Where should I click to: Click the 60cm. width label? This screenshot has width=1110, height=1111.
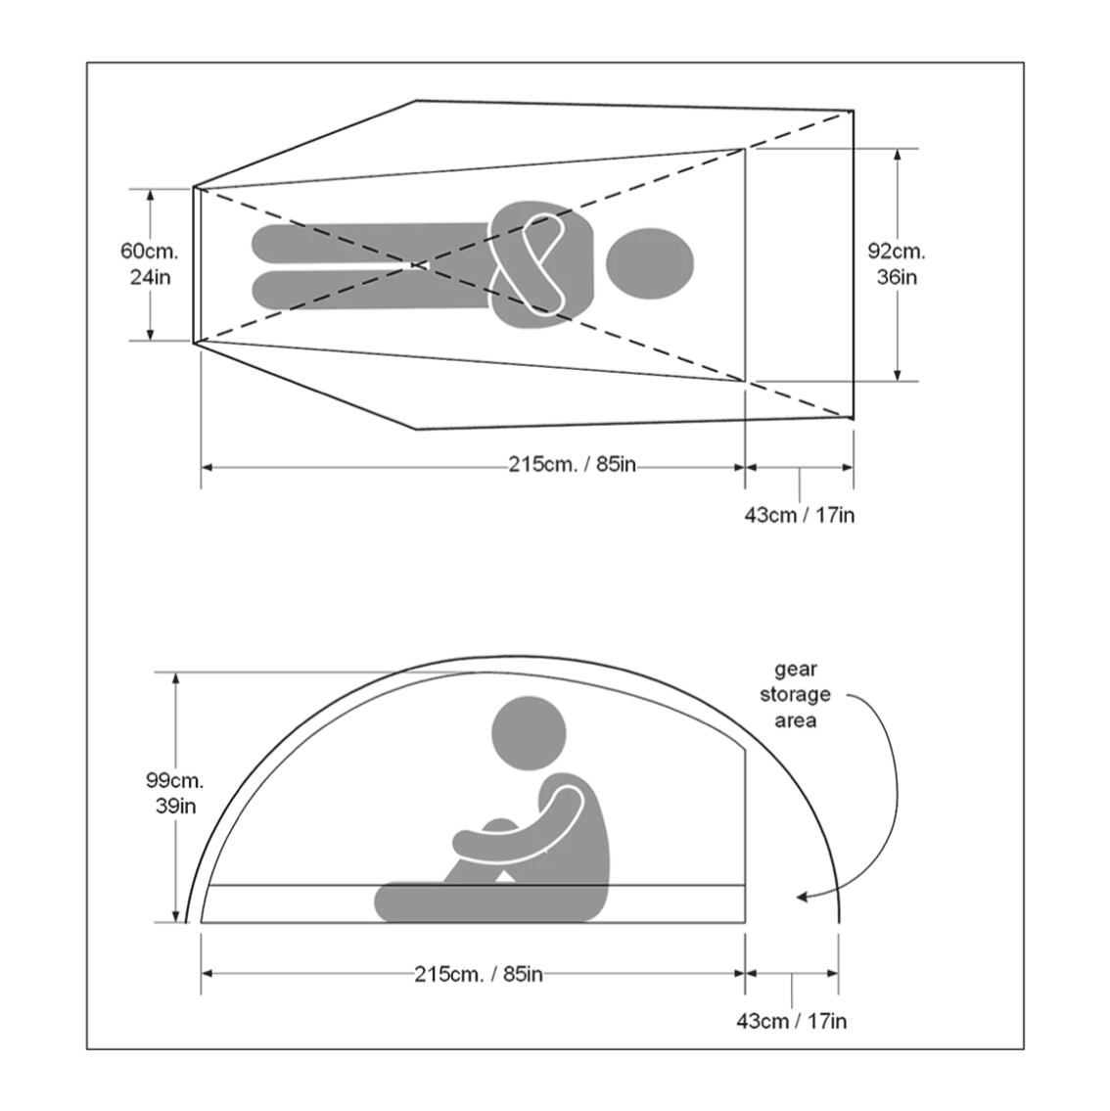click(x=150, y=252)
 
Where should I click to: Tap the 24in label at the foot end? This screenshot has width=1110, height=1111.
click(x=150, y=277)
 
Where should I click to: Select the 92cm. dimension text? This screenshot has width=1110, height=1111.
click(x=897, y=252)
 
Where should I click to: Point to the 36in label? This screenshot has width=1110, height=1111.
click(x=897, y=277)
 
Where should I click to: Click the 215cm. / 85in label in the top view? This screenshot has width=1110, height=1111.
click(x=573, y=465)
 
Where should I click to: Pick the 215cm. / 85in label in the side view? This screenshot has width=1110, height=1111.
click(x=479, y=974)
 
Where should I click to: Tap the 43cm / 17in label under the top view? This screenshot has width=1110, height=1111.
click(x=800, y=515)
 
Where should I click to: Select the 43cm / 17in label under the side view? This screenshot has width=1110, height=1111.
click(x=792, y=1021)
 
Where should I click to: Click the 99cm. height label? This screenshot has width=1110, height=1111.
click(x=174, y=781)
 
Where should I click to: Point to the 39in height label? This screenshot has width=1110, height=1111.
click(x=175, y=807)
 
